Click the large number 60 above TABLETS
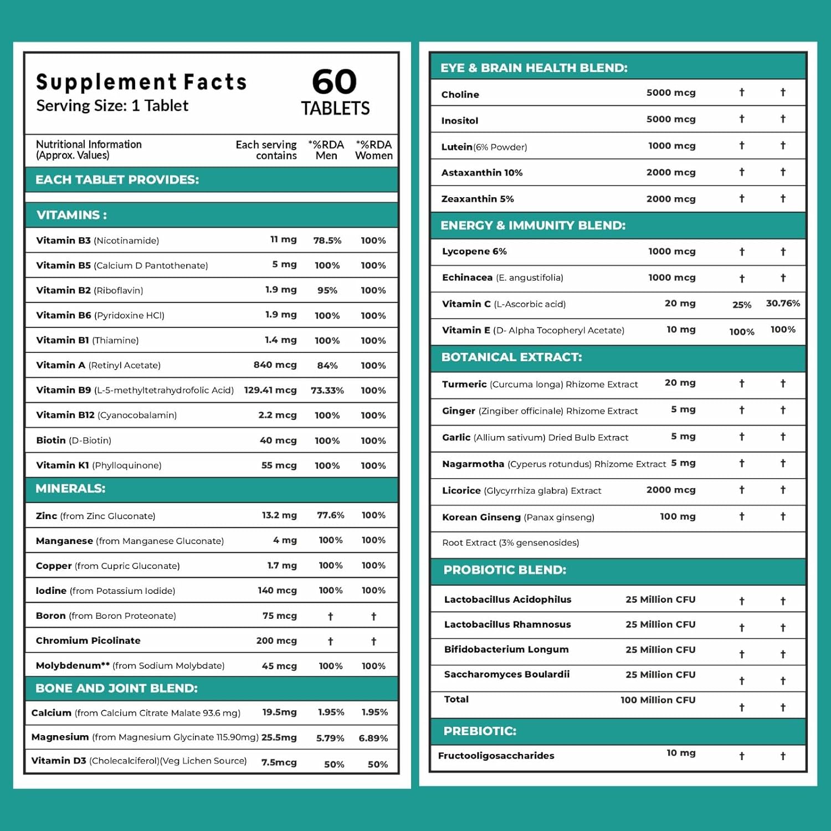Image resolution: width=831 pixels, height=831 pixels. coord(334,82)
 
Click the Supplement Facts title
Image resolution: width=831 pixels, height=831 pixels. coord(141,82)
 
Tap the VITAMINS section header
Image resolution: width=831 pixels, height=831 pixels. coord(71,215)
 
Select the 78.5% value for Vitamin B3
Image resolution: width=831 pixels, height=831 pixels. coord(327,240)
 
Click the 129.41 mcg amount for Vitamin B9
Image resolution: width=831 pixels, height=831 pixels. coord(270,390)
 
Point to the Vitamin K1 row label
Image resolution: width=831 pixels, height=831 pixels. coord(99,465)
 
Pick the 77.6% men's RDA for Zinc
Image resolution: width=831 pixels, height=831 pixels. coord(330,515)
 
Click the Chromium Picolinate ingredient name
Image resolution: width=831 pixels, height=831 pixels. coord(88,640)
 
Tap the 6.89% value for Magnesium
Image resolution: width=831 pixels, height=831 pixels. coord(373,738)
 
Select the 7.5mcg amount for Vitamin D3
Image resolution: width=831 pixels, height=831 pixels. coord(279,762)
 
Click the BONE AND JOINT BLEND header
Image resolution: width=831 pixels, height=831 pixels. coord(116,688)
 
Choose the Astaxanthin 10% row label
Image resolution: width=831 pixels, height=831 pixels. coord(481,173)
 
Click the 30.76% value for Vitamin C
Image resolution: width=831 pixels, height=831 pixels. coord(783,303)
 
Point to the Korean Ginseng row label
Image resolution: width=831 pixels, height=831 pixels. coord(518,517)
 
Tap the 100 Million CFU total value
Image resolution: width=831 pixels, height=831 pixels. coord(658,700)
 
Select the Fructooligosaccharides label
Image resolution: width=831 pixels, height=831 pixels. coord(496,756)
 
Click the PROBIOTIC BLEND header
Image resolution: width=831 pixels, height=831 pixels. coord(505,570)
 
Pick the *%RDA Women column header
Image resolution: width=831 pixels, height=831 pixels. coord(373,150)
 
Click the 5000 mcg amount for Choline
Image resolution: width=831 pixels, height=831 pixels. coord(671,93)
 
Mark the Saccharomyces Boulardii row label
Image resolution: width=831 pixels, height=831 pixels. coord(506,674)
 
